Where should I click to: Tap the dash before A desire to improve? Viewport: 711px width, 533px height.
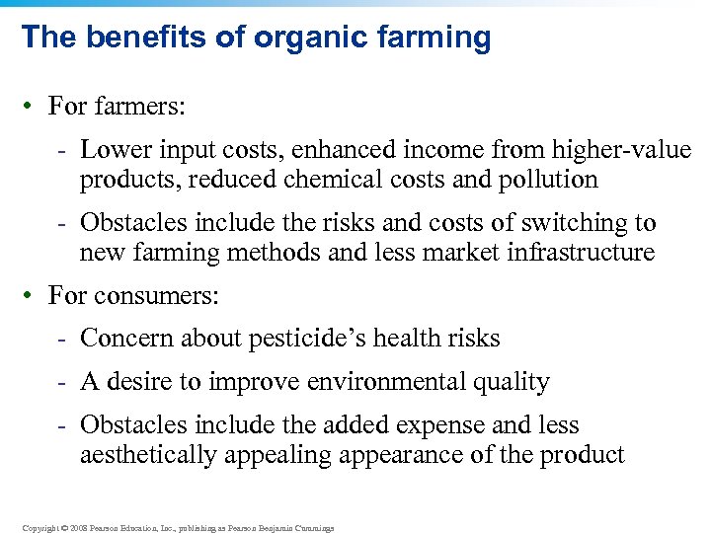pyautogui.click(x=61, y=382)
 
